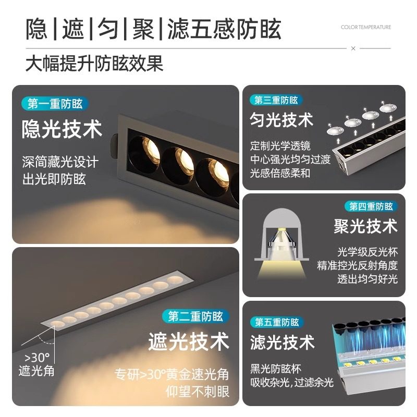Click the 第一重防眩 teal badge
55,104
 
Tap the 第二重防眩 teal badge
195,316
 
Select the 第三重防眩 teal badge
276,100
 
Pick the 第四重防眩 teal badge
371,206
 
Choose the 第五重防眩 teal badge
277,322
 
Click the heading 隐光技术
62,130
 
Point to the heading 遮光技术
189,342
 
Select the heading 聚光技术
365,227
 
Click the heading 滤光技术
282,342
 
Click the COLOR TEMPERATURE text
365,27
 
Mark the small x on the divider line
353,48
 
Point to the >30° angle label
36,358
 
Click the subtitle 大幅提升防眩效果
94,64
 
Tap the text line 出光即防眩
54,179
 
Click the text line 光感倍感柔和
280,173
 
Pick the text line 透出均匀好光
367,279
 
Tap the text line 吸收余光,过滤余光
291,383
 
